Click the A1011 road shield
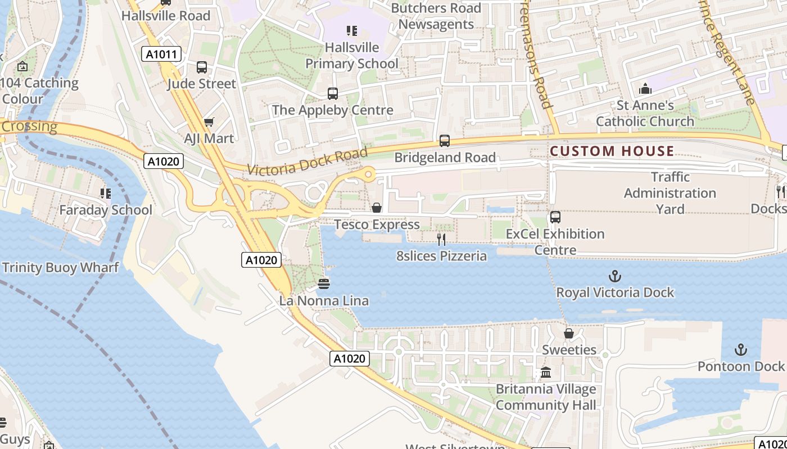tap(161, 54)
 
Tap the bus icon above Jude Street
tap(202, 67)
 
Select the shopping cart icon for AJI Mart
tap(209, 122)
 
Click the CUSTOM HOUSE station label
tap(612, 151)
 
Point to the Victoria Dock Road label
tap(307, 161)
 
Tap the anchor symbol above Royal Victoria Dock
tap(615, 276)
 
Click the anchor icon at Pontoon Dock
tap(741, 350)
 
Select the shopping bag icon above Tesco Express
tap(377, 208)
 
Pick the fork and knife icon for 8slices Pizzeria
tap(441, 240)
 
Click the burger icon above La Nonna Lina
tap(324, 284)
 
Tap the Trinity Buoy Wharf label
tap(60, 267)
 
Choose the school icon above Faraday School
tap(105, 194)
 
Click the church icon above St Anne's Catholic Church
tap(645, 89)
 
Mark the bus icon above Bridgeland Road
tap(445, 141)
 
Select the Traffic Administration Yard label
tap(670, 193)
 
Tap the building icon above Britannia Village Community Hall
tap(545, 373)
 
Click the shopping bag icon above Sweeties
tap(569, 334)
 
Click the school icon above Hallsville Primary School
tap(352, 31)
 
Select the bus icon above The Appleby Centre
tap(333, 94)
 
